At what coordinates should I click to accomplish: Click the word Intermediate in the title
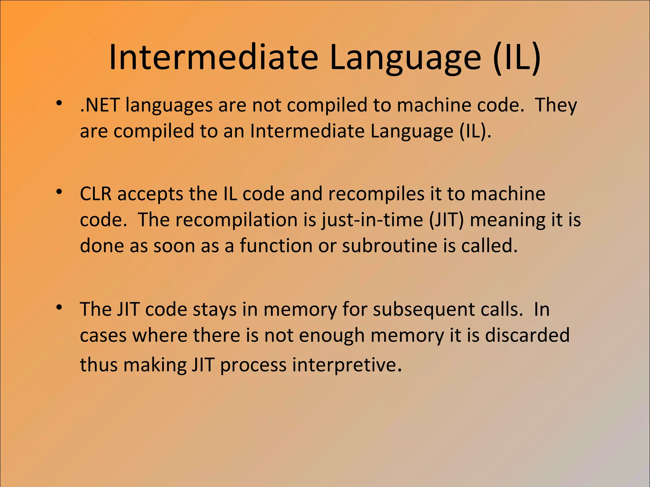click(x=213, y=58)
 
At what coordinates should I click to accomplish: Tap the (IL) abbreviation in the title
click(x=517, y=58)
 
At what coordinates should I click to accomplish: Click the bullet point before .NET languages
click(x=59, y=103)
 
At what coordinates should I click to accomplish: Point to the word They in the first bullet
click(x=556, y=105)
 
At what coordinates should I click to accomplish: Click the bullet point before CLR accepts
click(x=59, y=192)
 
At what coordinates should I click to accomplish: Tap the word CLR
click(x=96, y=194)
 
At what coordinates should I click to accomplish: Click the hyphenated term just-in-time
click(x=372, y=220)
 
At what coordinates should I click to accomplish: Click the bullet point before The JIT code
click(x=59, y=308)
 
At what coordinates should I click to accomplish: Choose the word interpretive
click(x=347, y=365)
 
